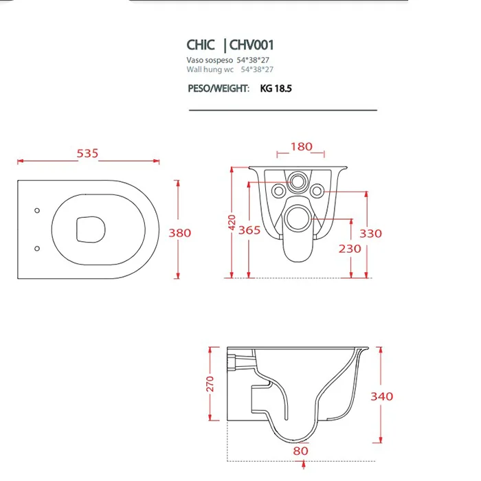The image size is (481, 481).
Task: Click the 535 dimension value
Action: click(x=87, y=153)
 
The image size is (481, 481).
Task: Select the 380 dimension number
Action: click(x=180, y=233)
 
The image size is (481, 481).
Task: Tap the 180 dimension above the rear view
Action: click(x=302, y=146)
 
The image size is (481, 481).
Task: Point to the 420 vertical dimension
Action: click(x=232, y=223)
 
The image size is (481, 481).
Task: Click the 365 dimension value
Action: click(x=249, y=230)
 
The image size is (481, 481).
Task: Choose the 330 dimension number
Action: click(x=371, y=234)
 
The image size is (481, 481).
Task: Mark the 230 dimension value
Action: click(x=350, y=249)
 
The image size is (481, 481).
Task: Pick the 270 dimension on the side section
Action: click(x=210, y=383)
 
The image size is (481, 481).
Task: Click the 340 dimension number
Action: click(x=382, y=396)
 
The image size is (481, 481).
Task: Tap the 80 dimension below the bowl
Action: click(x=301, y=451)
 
